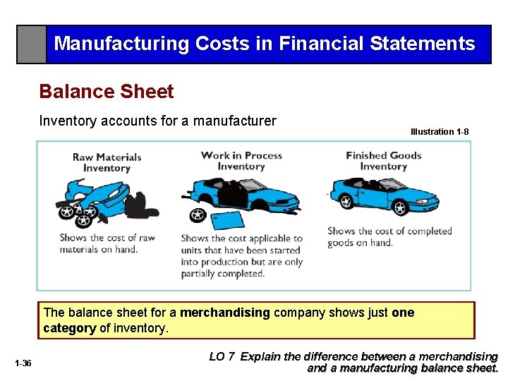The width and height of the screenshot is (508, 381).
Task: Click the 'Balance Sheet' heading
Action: [x=107, y=92]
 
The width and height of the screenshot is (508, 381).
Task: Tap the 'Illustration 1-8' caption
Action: [x=439, y=132]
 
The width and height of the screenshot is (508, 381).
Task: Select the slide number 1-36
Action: [x=23, y=363]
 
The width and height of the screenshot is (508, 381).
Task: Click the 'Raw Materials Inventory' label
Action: [x=107, y=162]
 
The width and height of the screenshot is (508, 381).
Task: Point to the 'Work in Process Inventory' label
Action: [x=241, y=161]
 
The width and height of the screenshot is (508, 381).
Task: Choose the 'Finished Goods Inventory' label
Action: [x=383, y=161]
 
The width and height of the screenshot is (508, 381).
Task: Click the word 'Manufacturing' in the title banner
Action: [x=121, y=44]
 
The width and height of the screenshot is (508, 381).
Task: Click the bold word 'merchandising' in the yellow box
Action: [x=225, y=313]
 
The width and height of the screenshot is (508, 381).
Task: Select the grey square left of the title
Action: [x=32, y=44]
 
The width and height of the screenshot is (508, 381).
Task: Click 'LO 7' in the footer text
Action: [x=222, y=356]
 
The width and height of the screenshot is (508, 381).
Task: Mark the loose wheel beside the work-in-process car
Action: [x=197, y=214]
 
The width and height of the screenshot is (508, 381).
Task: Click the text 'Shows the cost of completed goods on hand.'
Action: [x=389, y=236]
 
